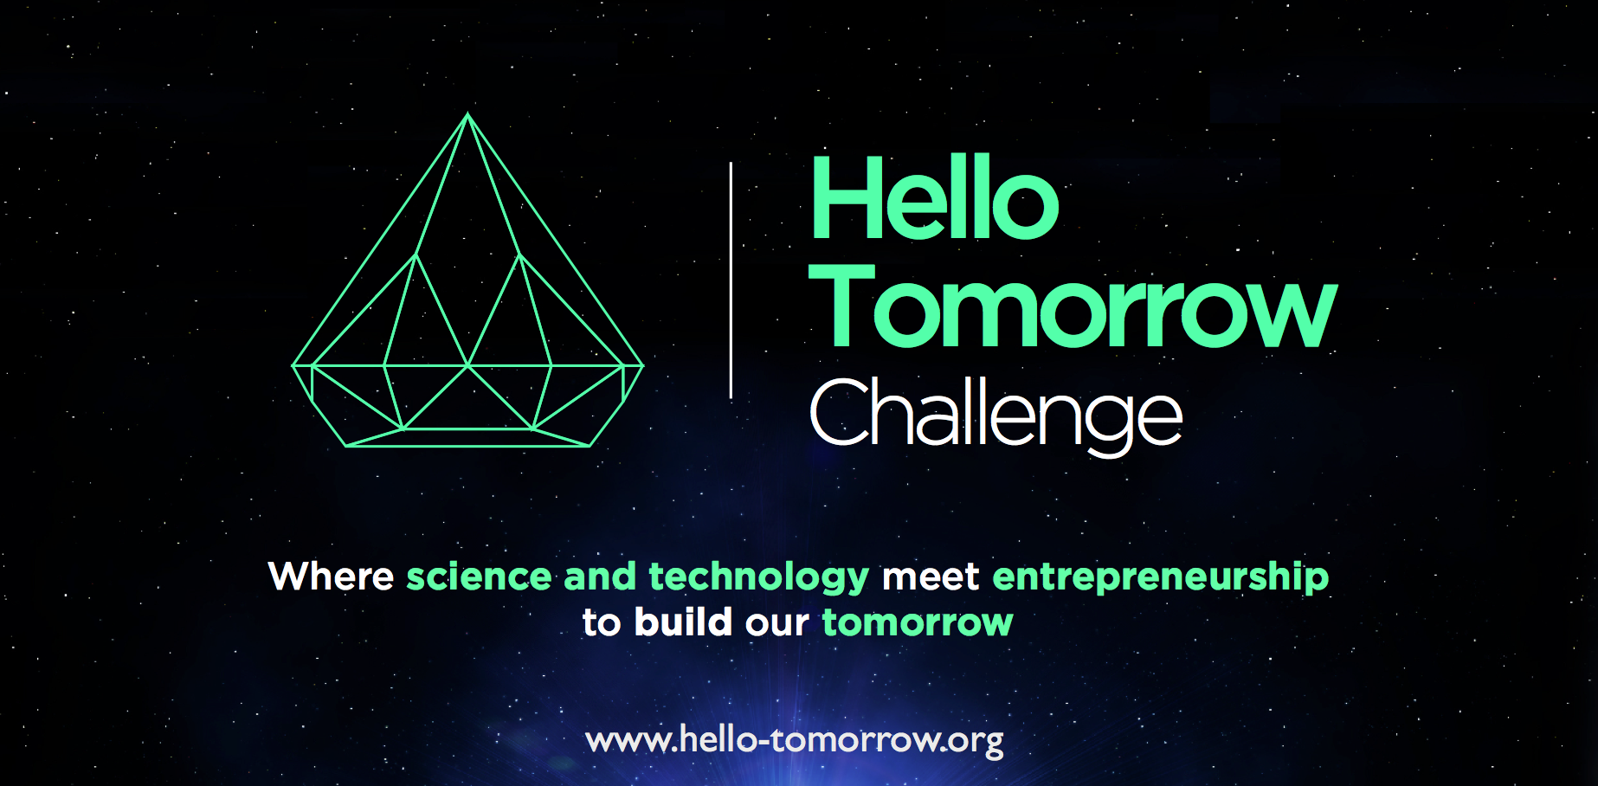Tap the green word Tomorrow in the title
point(1073,306)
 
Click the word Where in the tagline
point(332,577)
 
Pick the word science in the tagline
point(479,577)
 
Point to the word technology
point(758,578)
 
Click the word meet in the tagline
point(931,577)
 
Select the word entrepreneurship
point(1160,578)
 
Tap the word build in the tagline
point(683,622)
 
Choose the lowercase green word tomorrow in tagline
point(918,623)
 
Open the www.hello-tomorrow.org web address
point(795,741)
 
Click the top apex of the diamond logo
point(467,113)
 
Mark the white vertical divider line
point(731,280)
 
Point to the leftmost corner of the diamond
point(293,365)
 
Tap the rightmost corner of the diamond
point(643,365)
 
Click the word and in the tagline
point(600,577)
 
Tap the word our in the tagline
point(777,623)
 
